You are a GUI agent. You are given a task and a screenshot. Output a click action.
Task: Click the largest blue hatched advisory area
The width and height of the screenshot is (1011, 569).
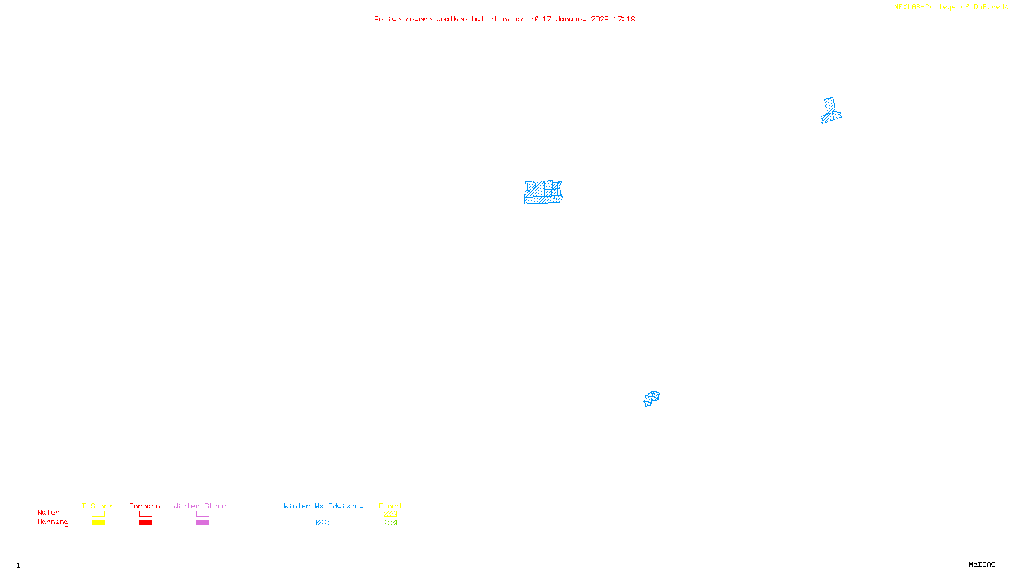tap(543, 193)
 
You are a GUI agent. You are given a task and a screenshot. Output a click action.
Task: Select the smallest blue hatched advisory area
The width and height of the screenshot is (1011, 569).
tap(651, 398)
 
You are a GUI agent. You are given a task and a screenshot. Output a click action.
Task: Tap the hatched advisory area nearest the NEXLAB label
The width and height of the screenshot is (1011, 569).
tap(830, 111)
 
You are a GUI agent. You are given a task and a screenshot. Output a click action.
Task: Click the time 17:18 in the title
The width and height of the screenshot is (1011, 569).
tap(624, 19)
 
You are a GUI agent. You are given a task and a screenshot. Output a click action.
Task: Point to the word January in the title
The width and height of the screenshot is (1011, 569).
tap(571, 19)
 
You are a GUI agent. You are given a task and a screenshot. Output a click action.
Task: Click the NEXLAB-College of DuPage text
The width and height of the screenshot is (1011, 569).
tap(947, 7)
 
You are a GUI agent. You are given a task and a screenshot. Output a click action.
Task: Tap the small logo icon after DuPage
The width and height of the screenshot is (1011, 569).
tap(1005, 7)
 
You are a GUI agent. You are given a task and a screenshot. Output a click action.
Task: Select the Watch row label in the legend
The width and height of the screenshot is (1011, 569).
tap(49, 512)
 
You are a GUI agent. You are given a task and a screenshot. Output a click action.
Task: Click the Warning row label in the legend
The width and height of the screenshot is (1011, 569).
tap(52, 522)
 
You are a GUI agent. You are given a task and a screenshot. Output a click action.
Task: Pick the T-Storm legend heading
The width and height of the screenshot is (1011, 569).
tap(97, 506)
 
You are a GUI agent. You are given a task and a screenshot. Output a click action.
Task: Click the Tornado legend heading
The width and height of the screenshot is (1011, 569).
tap(145, 506)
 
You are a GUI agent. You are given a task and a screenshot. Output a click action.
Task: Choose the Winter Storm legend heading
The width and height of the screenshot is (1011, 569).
tap(200, 506)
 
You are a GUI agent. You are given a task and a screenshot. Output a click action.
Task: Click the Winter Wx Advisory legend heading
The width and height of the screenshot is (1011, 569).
tap(324, 506)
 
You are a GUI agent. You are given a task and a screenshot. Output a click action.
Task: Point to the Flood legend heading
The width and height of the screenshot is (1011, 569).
tap(390, 506)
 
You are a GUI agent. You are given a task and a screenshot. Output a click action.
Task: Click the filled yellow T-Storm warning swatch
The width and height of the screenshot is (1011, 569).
tap(98, 523)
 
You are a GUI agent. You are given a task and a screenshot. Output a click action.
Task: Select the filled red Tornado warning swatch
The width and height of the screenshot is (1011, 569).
tap(145, 523)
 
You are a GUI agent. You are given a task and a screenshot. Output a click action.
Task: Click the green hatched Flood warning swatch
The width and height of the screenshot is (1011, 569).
tap(390, 523)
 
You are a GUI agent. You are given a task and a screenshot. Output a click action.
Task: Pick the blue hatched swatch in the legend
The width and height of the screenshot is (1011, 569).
tap(322, 523)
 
